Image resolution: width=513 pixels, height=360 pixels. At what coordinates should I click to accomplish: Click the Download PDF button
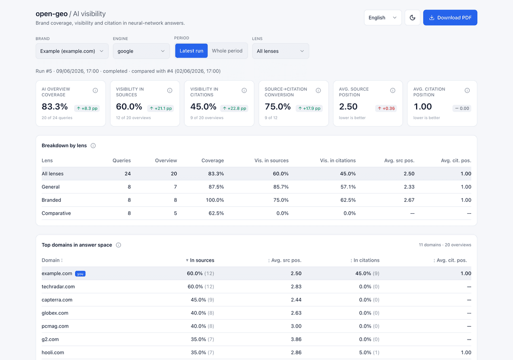pos(450,18)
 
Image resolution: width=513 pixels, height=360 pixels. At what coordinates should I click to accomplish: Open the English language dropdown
pos(382,18)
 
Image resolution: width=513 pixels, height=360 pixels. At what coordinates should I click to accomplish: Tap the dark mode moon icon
pos(412,18)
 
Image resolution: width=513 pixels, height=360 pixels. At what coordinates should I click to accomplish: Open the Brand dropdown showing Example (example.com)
pos(72,51)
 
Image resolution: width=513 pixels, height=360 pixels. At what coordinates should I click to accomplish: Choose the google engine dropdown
pos(142,51)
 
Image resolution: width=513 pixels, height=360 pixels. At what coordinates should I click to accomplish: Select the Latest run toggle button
pos(191,51)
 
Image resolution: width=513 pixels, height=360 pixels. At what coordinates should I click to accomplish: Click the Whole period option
pos(227,51)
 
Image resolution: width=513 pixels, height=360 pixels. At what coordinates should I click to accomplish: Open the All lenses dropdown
pos(280,51)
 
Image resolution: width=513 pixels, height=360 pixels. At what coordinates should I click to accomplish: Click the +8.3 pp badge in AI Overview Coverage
pos(87,108)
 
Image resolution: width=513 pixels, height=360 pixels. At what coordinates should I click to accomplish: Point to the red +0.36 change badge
pos(386,108)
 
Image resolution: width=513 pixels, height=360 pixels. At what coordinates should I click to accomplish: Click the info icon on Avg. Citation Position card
pos(467,91)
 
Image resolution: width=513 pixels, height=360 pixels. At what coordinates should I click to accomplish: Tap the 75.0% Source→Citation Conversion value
pos(278,106)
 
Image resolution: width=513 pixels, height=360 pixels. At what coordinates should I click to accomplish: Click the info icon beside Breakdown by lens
pos(93,145)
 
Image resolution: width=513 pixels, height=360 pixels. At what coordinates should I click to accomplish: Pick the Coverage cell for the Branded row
pos(215,200)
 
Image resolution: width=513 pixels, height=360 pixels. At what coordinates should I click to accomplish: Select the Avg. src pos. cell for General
pos(409,187)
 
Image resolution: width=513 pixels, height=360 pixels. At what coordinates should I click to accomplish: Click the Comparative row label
pos(56,213)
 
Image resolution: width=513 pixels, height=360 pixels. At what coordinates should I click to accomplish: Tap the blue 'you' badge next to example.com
pos(80,274)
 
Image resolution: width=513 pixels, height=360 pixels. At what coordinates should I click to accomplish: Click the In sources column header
pos(202,260)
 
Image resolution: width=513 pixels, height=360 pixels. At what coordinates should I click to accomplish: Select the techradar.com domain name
pos(58,287)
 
